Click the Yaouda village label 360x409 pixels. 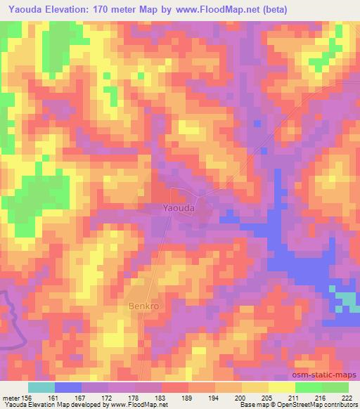tap(178, 208)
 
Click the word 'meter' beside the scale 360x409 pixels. tap(10, 397)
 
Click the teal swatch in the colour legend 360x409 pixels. tap(41, 387)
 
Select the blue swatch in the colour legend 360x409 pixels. tap(68, 387)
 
